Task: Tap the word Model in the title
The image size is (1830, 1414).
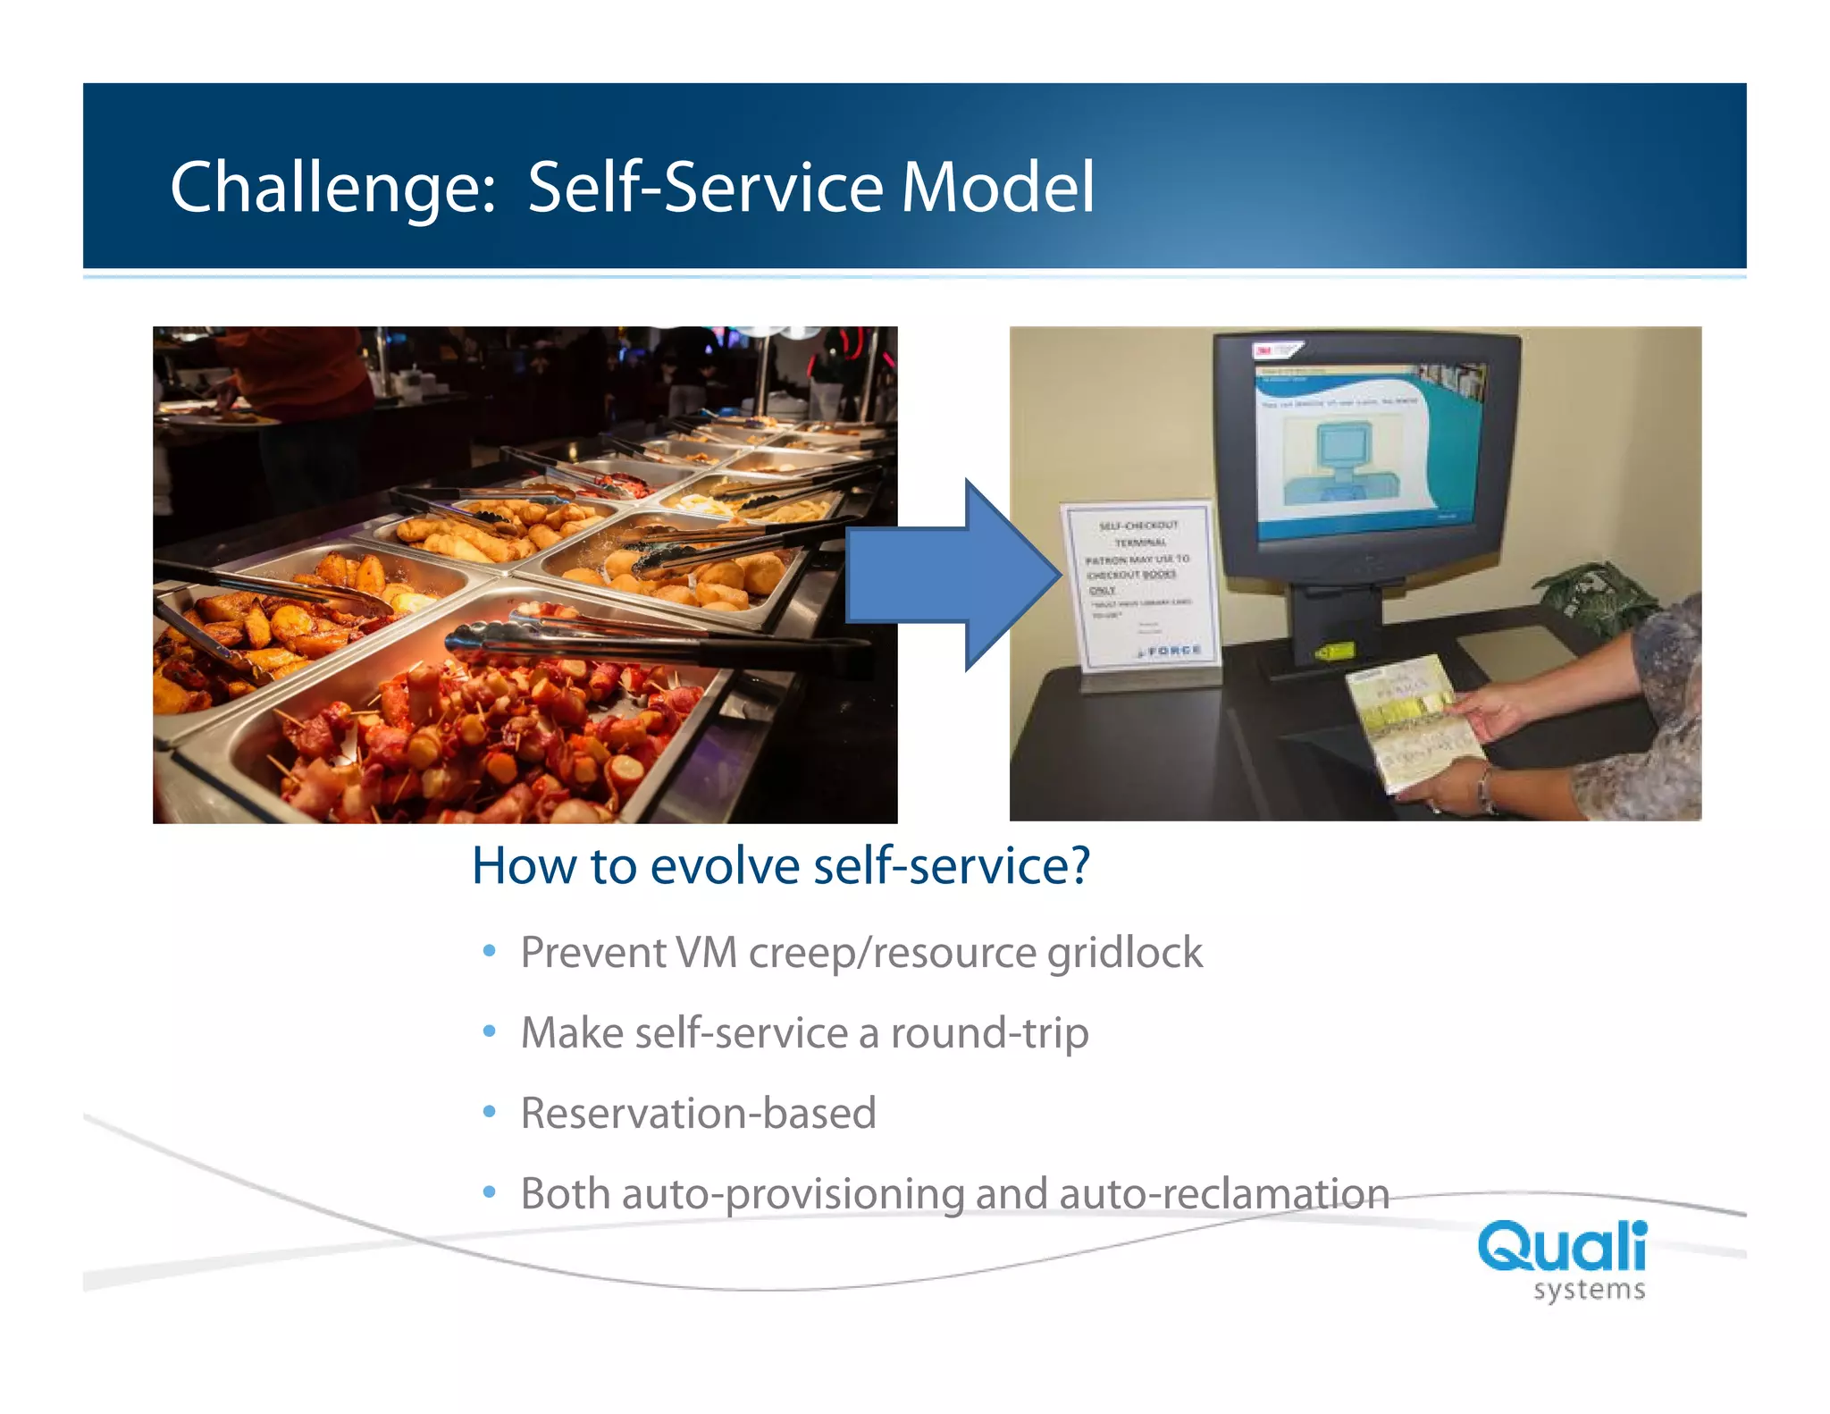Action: pos(997,188)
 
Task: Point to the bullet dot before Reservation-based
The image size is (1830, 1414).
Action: pos(489,1112)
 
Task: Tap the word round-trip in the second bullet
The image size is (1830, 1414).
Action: pos(989,1033)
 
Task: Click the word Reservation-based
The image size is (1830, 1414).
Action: pos(698,1114)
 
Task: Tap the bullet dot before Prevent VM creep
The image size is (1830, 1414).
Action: pos(489,951)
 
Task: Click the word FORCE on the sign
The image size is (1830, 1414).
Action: pos(1173,651)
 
